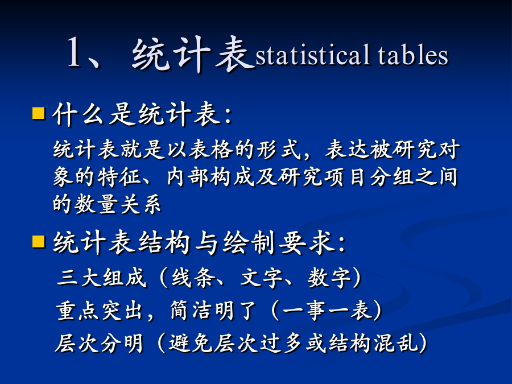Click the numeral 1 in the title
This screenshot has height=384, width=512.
coord(74,52)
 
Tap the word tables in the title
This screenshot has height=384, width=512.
coord(413,54)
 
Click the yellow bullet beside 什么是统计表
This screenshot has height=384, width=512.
coord(39,113)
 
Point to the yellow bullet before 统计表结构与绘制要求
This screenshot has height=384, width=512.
coord(39,242)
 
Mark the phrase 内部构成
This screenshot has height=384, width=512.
coord(210,177)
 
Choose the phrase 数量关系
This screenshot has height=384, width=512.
coord(118,204)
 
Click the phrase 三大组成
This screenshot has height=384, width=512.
coord(102,278)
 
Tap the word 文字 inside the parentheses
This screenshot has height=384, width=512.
coord(261,278)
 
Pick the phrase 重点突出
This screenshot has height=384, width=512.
coord(100,310)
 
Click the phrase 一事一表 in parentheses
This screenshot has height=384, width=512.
coord(327,310)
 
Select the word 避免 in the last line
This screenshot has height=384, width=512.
coord(191,343)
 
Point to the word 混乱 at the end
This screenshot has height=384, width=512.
coord(396,343)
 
